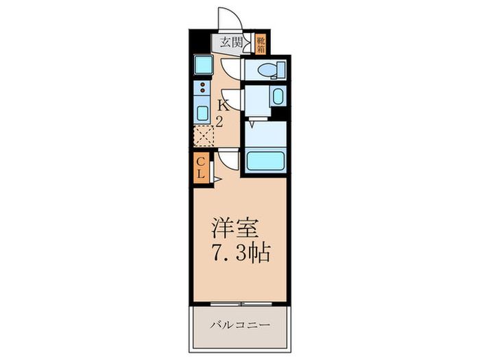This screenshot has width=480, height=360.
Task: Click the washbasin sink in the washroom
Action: pyautogui.click(x=277, y=95)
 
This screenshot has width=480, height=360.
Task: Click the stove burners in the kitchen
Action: pyautogui.click(x=203, y=88)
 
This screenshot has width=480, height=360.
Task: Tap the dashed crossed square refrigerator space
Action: pyautogui.click(x=204, y=137)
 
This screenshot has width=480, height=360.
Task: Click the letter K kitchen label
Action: pyautogui.click(x=222, y=106)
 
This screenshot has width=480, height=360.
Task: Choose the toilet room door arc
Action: pyautogui.click(x=232, y=69)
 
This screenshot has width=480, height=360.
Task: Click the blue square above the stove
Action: pyautogui.click(x=204, y=66)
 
